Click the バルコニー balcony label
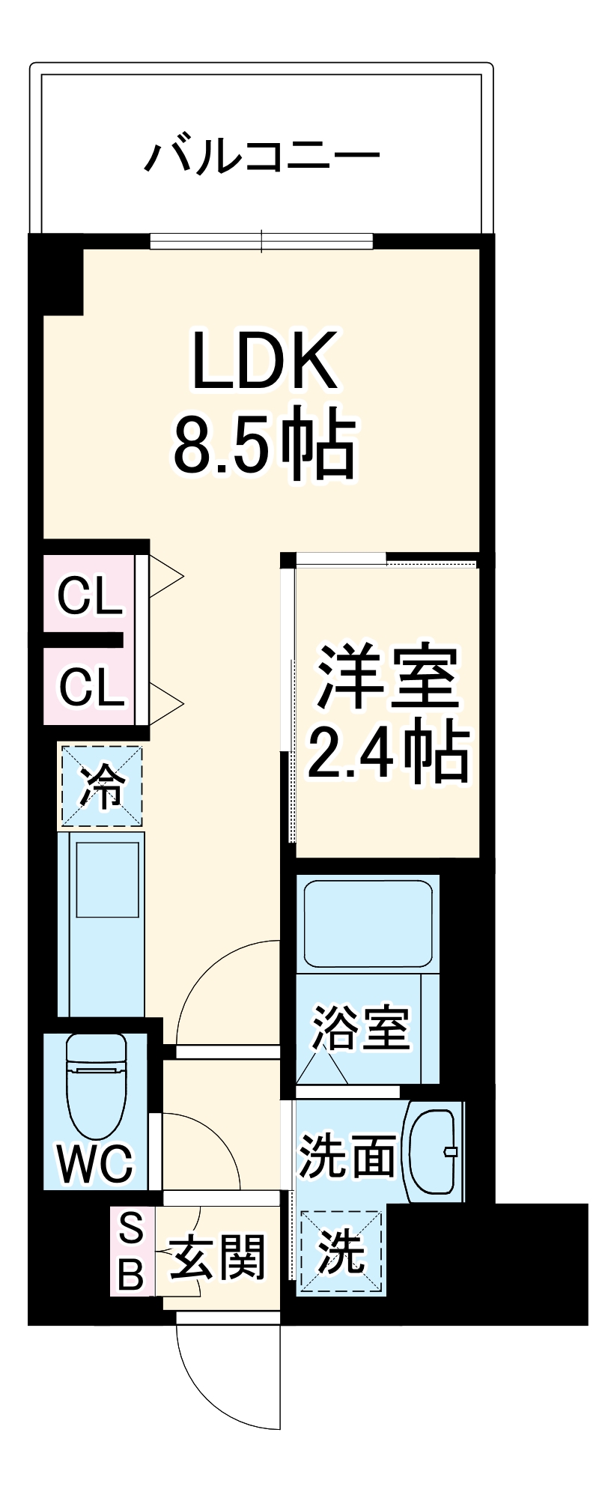tap(262, 155)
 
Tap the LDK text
tap(264, 362)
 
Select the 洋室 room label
tap(386, 676)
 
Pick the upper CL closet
tap(90, 597)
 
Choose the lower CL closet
tap(90, 687)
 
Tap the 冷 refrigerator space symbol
tap(101, 786)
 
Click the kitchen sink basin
tap(108, 879)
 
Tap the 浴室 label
tap(361, 1028)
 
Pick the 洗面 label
tap(347, 1156)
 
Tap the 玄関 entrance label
tap(218, 1257)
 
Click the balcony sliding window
tap(261, 241)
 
